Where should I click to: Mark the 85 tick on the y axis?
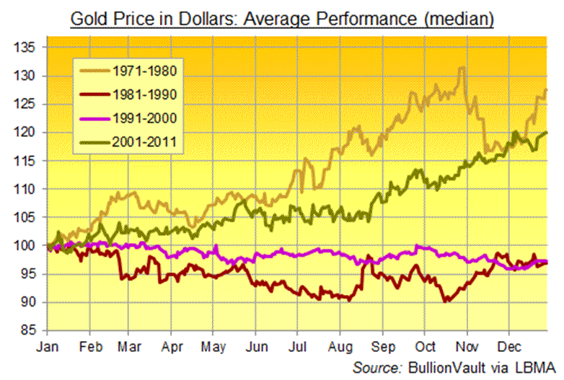pyautogui.click(x=28, y=331)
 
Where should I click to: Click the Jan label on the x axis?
pyautogui.click(x=48, y=345)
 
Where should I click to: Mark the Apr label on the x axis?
pyautogui.click(x=173, y=345)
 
